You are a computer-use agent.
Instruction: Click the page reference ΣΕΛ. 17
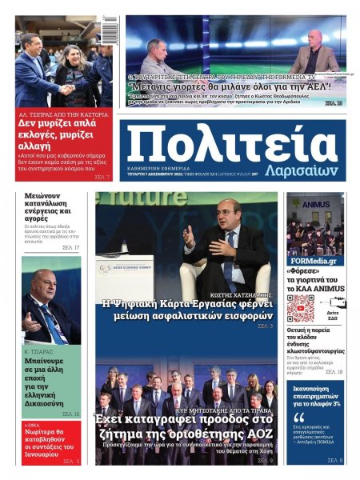pyautogui.click(x=70, y=248)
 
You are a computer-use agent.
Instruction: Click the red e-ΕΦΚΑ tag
pyautogui.click(x=34, y=424)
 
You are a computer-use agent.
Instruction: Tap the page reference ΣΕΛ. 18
pyautogui.click(x=334, y=372)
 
